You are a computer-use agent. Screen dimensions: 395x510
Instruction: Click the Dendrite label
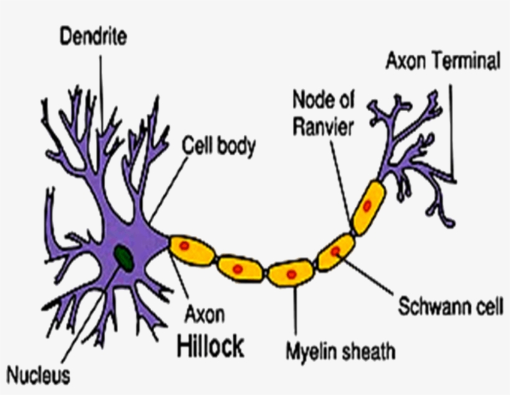click(x=93, y=37)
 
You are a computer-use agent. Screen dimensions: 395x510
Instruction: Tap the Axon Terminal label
click(x=443, y=61)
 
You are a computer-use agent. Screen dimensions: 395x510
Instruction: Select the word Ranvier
click(x=323, y=127)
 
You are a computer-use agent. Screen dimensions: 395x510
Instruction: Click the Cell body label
click(x=219, y=147)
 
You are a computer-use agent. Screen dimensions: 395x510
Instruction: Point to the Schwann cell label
click(x=451, y=307)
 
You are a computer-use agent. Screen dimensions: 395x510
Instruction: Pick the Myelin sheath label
click(x=340, y=352)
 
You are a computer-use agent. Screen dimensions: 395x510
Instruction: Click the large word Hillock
click(x=210, y=347)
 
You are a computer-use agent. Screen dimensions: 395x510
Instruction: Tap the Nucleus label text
click(x=39, y=375)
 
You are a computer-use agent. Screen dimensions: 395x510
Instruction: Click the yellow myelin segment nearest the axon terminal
click(x=368, y=207)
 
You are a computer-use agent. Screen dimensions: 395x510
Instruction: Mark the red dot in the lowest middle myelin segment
click(x=290, y=273)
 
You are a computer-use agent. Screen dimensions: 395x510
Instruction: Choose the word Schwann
click(x=429, y=307)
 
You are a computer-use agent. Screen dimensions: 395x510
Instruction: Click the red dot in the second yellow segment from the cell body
click(x=237, y=269)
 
